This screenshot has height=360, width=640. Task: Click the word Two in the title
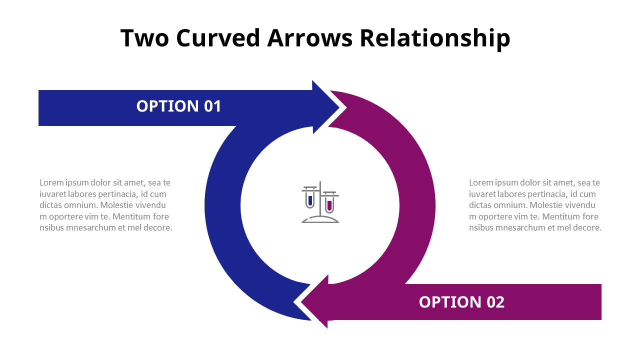pyautogui.click(x=145, y=38)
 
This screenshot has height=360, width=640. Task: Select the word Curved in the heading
pyautogui.click(x=218, y=38)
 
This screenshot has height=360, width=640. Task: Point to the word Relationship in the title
pyautogui.click(x=434, y=38)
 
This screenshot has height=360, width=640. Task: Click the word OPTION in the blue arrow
pyautogui.click(x=167, y=106)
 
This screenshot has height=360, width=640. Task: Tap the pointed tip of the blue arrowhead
pyautogui.click(x=339, y=107)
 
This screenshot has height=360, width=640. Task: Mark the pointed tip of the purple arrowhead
pyautogui.click(x=301, y=302)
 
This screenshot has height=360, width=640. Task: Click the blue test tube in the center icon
pyautogui.click(x=310, y=200)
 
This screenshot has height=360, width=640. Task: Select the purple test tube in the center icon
pyautogui.click(x=329, y=204)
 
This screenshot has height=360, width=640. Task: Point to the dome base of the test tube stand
pyautogui.click(x=320, y=219)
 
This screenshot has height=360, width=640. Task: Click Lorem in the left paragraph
pyautogui.click(x=51, y=183)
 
